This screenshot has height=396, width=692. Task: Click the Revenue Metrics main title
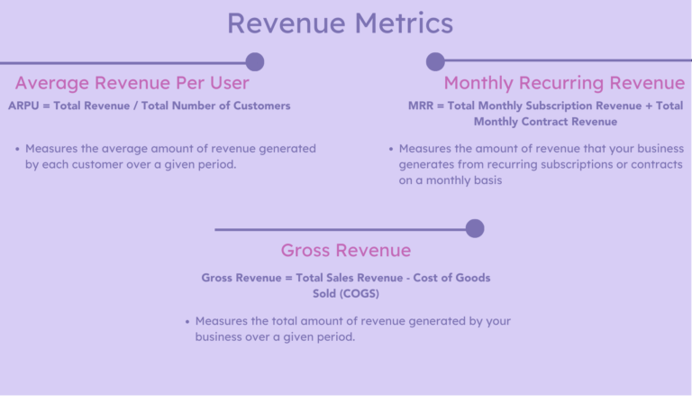point(340,23)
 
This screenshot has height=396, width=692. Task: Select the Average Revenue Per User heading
point(132,83)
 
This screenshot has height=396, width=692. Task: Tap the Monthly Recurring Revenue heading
point(564,83)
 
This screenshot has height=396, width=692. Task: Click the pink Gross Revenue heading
point(345,250)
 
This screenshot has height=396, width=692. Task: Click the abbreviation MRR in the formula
point(421,106)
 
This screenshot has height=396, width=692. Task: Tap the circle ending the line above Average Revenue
point(255,61)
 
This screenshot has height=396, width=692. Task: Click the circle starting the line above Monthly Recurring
point(435,61)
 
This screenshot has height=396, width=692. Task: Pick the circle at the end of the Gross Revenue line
point(475,228)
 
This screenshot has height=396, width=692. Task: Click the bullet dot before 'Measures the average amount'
point(18,148)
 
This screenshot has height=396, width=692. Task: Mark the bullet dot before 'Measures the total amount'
point(187,320)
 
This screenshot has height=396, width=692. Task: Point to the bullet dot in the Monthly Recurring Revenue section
point(391,148)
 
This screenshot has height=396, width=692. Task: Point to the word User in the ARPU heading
point(227,83)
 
